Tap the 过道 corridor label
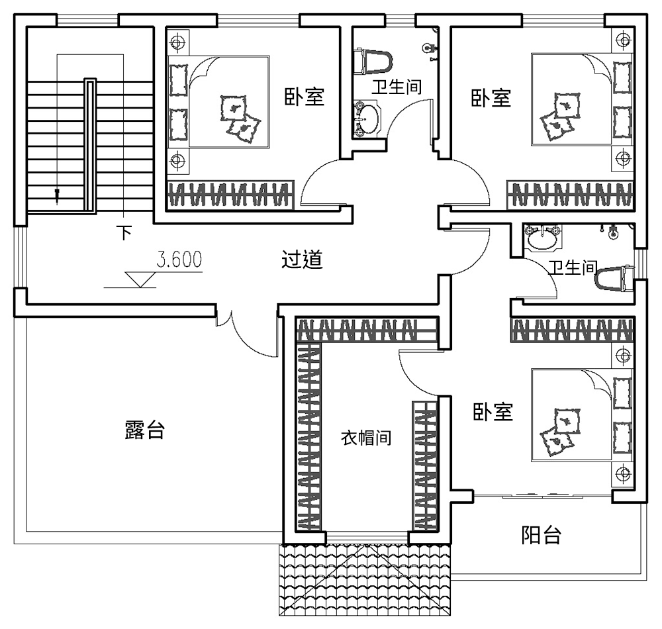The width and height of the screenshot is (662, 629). pos(302,260)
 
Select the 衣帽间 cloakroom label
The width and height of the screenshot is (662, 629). pos(365,438)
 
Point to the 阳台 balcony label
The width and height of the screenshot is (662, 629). pos(541,534)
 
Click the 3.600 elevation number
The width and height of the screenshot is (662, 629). pos(179,259)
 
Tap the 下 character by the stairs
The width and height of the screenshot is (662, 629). pos(124,232)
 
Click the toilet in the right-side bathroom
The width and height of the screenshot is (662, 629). pos(613,278)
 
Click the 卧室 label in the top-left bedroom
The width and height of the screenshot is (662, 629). pos(304,97)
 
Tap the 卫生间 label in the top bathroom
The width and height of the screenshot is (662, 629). pos(395,86)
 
